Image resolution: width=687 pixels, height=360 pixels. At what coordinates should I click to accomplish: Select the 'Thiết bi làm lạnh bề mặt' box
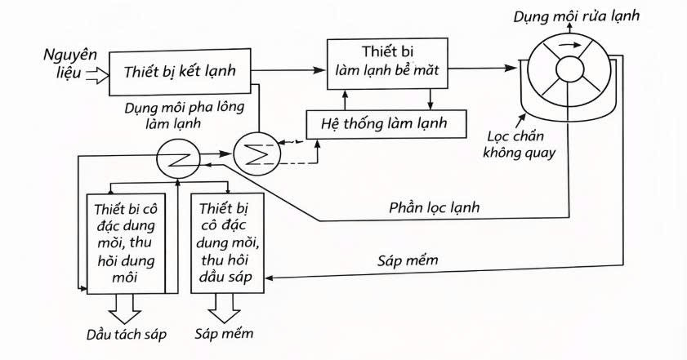(388, 62)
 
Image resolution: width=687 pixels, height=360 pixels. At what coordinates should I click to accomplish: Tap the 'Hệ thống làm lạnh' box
(387, 125)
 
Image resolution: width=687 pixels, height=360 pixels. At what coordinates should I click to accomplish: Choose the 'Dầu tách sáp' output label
(126, 335)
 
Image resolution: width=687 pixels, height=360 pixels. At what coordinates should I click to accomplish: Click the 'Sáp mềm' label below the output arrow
(225, 334)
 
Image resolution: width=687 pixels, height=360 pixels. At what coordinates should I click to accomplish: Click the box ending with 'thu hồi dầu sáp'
(229, 242)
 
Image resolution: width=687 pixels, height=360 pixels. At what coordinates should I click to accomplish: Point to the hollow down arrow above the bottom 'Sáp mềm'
(225, 306)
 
